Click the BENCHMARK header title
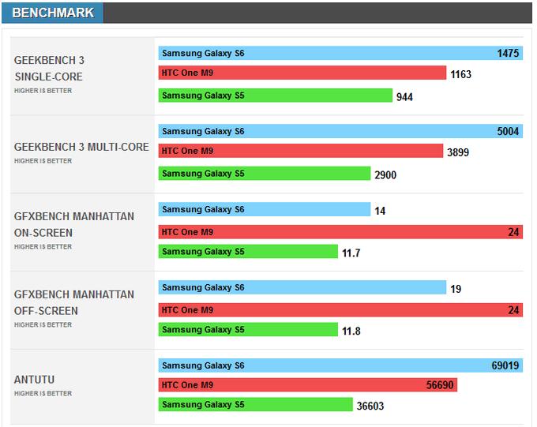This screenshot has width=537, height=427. click(x=52, y=13)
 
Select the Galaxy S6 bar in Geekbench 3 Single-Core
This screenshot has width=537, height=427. click(x=340, y=54)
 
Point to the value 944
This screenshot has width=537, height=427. click(x=404, y=97)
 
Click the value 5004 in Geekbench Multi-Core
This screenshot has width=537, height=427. click(x=508, y=132)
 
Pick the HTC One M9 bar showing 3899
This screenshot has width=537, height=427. click(x=300, y=151)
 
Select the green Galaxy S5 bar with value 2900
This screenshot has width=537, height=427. click(x=264, y=174)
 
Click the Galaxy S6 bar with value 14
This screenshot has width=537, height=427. click(x=264, y=209)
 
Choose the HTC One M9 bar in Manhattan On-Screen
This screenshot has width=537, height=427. click(x=340, y=232)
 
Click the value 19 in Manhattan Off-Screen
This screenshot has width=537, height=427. click(x=456, y=290)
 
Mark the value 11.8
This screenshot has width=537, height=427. click(x=351, y=331)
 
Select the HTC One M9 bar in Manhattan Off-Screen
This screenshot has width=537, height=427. click(x=340, y=310)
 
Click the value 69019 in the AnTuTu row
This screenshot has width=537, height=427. click(x=505, y=366)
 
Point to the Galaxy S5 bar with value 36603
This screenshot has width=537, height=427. click(x=255, y=405)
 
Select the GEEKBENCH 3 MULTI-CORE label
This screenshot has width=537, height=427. click(x=81, y=147)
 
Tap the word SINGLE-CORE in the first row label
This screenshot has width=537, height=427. click(x=48, y=77)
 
